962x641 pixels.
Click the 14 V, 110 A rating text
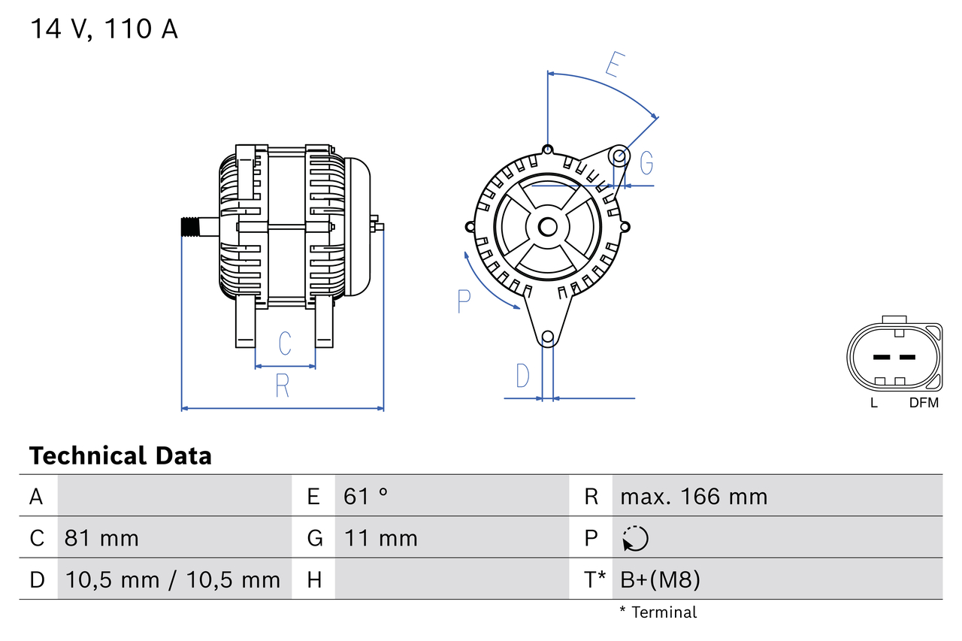(104, 29)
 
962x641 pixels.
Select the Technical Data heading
(120, 456)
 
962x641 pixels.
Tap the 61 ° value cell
(366, 496)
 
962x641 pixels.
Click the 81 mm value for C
(101, 538)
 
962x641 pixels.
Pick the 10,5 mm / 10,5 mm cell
(173, 579)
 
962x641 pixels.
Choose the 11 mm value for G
(380, 538)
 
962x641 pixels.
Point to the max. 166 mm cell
(694, 496)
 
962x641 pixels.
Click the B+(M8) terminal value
(660, 579)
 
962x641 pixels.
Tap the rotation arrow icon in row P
(635, 538)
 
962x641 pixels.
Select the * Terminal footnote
(658, 612)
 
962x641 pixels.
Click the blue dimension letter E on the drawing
(614, 66)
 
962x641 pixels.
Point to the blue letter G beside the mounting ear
(646, 162)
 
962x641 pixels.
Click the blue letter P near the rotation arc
(464, 301)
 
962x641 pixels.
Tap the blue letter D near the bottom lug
(522, 376)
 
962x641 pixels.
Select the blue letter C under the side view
(285, 343)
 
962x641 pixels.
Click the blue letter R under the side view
(282, 386)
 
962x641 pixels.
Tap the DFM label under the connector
(924, 403)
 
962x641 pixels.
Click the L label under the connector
(873, 403)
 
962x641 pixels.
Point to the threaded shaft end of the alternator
(193, 227)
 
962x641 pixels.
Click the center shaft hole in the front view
(548, 226)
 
